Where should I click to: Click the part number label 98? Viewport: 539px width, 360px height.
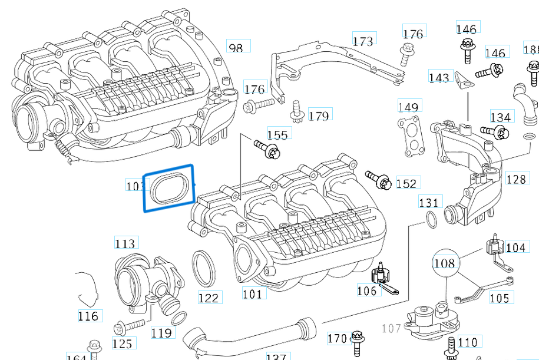[x=236, y=47]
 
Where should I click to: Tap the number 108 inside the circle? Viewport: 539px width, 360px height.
[x=445, y=262]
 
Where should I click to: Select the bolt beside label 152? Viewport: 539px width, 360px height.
[x=378, y=180]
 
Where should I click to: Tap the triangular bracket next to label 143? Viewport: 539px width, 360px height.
[x=462, y=79]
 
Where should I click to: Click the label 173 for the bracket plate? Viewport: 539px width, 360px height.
[x=363, y=41]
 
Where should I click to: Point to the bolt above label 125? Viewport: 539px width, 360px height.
[x=130, y=325]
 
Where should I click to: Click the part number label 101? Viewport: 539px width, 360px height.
[x=253, y=293]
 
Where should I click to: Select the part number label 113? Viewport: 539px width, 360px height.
[x=124, y=243]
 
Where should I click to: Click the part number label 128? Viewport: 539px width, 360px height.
[x=515, y=179]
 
